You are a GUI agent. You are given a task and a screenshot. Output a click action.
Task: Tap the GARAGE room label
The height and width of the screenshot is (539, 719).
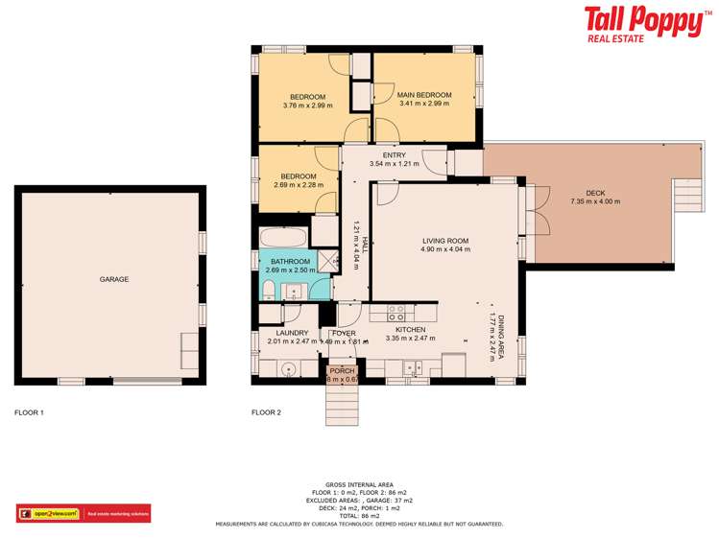(113, 279)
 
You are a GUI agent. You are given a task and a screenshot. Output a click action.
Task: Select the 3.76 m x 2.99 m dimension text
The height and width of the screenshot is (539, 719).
(307, 105)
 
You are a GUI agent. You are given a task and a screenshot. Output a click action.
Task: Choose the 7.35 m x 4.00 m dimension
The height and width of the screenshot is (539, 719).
(595, 201)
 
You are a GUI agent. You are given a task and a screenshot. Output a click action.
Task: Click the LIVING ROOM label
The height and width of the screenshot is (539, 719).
(445, 241)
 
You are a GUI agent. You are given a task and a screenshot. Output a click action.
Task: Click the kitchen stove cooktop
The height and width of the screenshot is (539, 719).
(395, 312)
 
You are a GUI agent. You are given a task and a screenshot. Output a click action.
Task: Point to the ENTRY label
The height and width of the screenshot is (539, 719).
(394, 155)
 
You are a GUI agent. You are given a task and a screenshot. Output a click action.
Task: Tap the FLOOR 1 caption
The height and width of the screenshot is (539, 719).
(29, 412)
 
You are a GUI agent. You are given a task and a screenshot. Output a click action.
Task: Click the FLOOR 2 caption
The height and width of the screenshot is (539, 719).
(266, 412)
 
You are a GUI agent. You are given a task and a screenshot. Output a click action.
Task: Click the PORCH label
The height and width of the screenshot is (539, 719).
(341, 370)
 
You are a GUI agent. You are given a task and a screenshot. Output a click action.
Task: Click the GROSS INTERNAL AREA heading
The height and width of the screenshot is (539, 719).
(359, 484)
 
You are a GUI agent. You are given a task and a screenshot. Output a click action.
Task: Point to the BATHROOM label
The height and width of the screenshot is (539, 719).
(290, 261)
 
